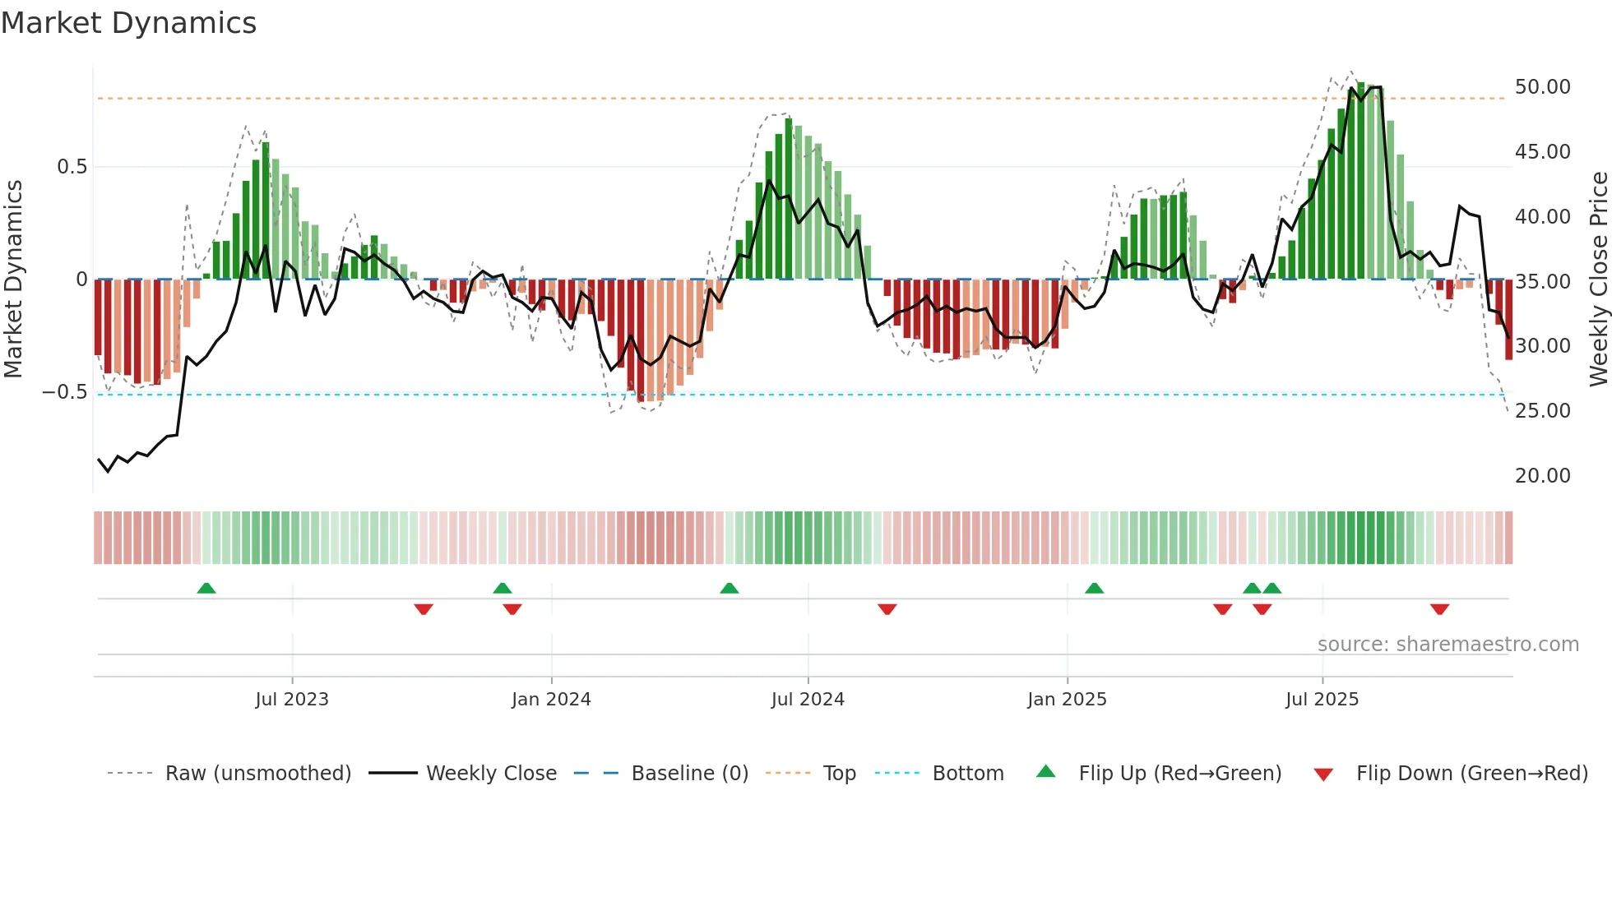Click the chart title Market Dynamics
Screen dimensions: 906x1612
[x=128, y=23]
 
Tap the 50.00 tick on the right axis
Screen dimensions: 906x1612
[x=1542, y=87]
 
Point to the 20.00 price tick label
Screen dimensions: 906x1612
[x=1542, y=476]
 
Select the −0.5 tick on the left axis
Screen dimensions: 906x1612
[x=64, y=392]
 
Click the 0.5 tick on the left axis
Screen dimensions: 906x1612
[x=72, y=167]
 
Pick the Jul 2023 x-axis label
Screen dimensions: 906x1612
[x=292, y=700]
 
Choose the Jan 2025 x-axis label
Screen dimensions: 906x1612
[x=1067, y=700]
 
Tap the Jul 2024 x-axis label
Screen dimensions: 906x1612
[x=808, y=700]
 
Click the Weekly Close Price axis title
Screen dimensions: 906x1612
[x=1598, y=280]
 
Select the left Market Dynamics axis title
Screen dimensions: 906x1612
[x=13, y=280]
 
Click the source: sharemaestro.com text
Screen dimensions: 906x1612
[x=1448, y=645]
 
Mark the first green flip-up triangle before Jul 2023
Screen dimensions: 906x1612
[x=206, y=589]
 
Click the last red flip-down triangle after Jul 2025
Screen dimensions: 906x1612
[x=1439, y=609]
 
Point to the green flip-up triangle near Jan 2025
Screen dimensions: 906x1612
[x=1094, y=589]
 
